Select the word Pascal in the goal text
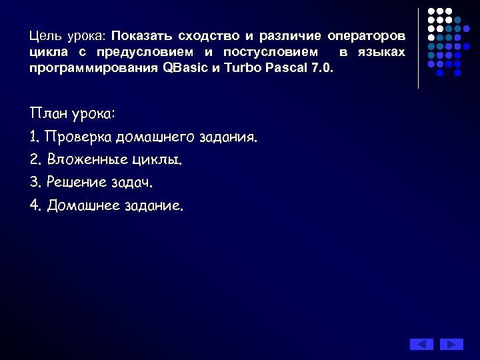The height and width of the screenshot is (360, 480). pyautogui.click(x=285, y=69)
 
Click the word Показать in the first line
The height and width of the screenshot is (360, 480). pyautogui.click(x=141, y=35)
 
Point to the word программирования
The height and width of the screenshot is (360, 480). pyautogui.click(x=93, y=69)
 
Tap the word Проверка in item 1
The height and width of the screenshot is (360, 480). pyautogui.click(x=78, y=137)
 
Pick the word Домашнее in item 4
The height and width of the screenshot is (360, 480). pyautogui.click(x=83, y=205)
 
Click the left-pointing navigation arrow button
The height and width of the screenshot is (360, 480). pyautogui.click(x=421, y=344)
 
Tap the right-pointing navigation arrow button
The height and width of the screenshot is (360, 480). pyautogui.click(x=451, y=344)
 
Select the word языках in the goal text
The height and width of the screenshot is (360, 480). pyautogui.click(x=381, y=52)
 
